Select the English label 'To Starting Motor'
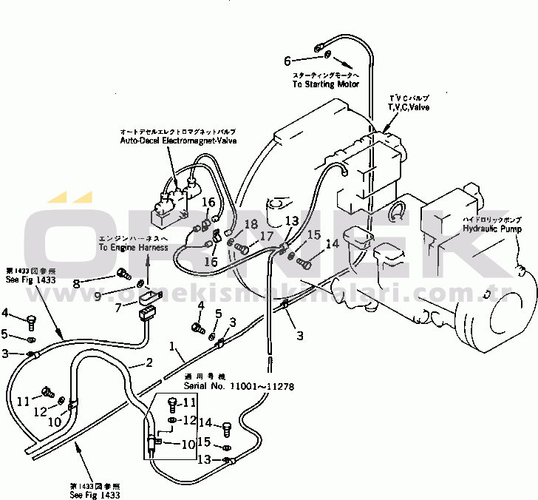(x=325, y=84)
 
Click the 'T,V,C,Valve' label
(x=409, y=107)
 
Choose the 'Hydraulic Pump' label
(x=492, y=229)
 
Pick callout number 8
(x=75, y=282)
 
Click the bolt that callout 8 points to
(x=123, y=278)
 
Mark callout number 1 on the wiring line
(x=172, y=345)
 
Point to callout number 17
(x=266, y=237)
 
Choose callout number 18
(x=251, y=224)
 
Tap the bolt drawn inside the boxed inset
(x=172, y=404)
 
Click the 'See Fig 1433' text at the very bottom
(x=95, y=494)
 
